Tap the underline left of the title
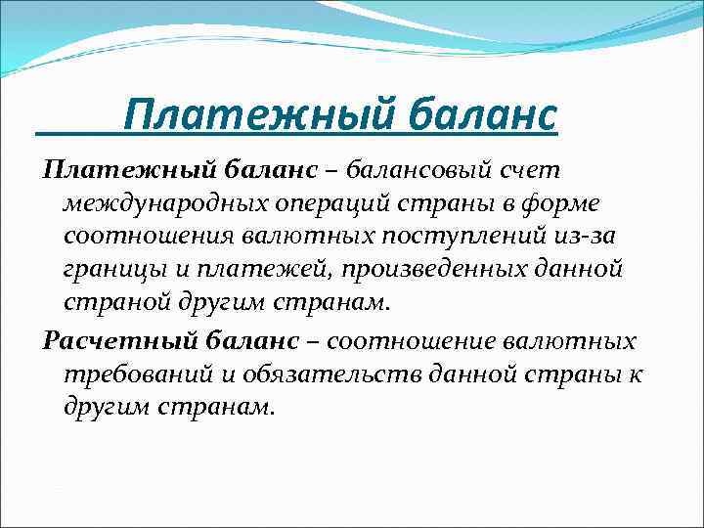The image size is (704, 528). coord(78,134)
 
